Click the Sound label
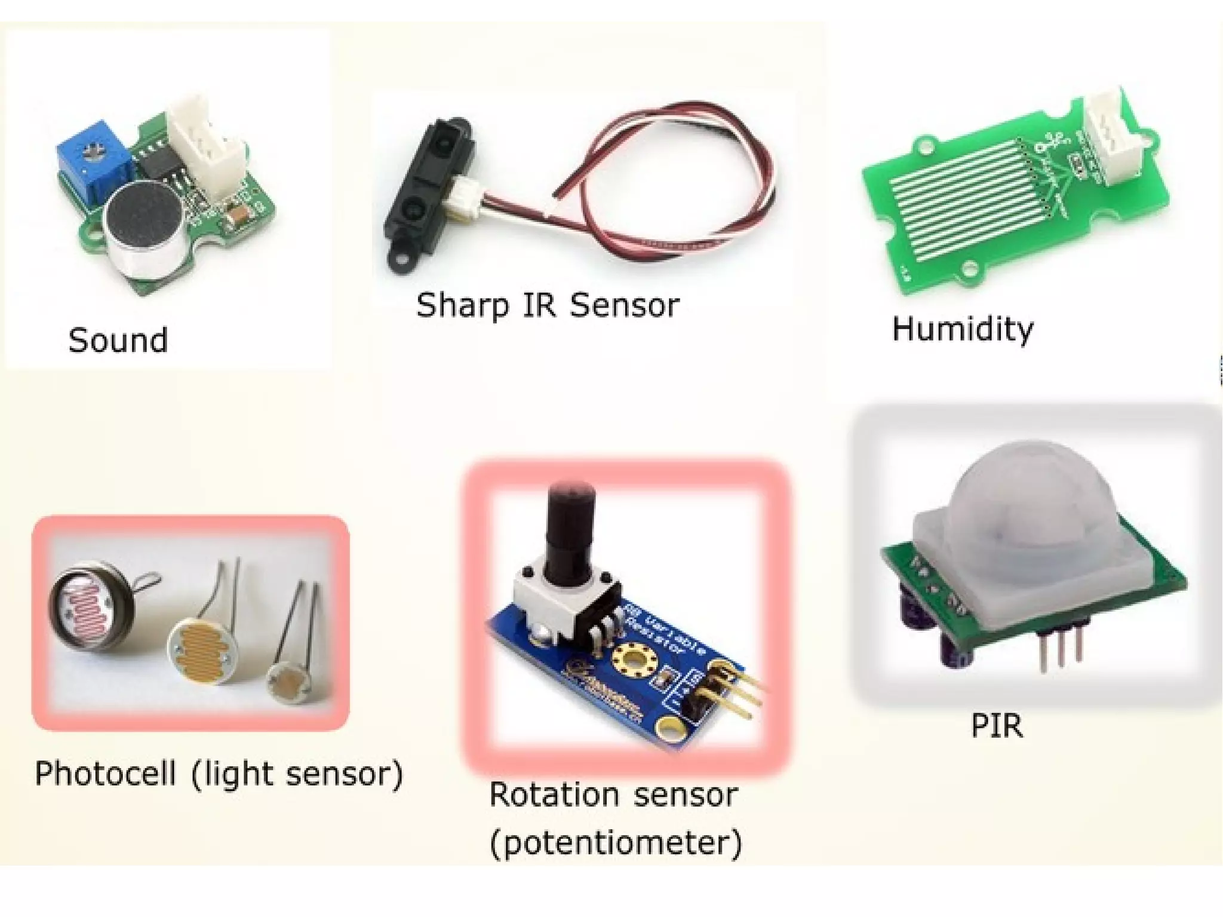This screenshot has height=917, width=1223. (118, 340)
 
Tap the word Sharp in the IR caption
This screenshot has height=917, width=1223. (462, 306)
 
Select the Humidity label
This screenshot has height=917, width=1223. (962, 329)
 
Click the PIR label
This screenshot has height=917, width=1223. (997, 726)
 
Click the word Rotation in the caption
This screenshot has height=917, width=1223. (554, 795)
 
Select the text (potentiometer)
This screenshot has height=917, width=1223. (616, 842)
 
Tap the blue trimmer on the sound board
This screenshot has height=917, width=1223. (93, 165)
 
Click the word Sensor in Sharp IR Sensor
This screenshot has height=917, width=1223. (624, 305)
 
